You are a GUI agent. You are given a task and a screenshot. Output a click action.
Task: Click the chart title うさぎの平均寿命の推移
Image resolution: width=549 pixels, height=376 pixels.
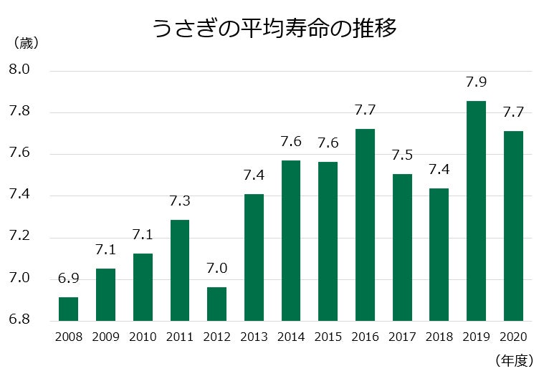(x=274, y=29)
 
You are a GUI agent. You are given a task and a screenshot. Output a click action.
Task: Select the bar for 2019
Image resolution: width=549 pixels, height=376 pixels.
(x=476, y=211)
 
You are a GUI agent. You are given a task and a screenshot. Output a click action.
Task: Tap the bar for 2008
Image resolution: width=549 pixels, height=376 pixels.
(x=68, y=309)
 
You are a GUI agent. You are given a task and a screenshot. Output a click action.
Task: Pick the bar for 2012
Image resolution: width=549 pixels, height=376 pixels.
(x=216, y=304)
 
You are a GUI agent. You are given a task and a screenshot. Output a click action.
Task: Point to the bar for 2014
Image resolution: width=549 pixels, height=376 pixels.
(x=291, y=240)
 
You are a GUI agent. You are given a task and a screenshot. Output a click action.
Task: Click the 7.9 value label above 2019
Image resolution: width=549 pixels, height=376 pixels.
(x=476, y=83)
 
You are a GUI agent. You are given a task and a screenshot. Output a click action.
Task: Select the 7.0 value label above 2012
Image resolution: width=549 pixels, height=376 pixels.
(x=216, y=269)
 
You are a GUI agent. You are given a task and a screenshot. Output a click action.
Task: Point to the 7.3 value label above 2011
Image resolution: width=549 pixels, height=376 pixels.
(x=179, y=202)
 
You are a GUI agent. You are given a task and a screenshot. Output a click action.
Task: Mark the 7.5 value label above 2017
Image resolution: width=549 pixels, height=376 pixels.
(x=402, y=156)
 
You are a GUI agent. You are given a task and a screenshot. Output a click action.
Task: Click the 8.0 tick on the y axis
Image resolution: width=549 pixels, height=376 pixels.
(x=19, y=70)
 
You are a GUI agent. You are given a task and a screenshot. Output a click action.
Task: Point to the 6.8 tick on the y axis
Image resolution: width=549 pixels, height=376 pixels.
(x=19, y=320)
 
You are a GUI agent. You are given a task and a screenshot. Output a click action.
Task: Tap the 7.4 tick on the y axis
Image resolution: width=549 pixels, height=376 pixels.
(x=19, y=196)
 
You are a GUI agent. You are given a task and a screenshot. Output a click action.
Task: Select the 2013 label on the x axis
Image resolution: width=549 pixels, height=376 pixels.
(x=254, y=337)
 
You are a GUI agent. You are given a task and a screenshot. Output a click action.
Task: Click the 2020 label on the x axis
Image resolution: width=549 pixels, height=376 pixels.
(x=513, y=337)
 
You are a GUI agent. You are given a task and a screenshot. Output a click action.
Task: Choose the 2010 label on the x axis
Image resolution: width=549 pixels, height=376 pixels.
(x=143, y=337)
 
